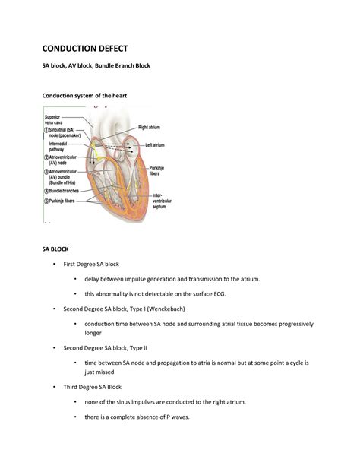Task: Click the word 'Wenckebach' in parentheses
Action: pyautogui.click(x=175, y=309)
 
